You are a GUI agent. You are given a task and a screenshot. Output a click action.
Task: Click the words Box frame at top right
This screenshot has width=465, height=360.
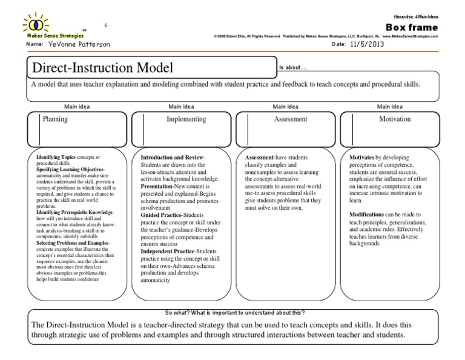[411, 28]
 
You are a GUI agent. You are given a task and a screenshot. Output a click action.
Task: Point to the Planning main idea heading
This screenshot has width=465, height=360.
[55, 119]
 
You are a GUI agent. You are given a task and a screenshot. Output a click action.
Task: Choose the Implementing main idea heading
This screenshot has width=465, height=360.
[186, 119]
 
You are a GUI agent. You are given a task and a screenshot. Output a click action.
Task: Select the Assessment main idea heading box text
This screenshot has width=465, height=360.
[291, 119]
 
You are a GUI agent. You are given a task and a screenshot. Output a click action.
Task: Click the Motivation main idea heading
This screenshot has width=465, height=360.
[395, 119]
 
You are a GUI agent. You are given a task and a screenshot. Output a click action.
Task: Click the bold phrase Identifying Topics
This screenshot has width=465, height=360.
[56, 157]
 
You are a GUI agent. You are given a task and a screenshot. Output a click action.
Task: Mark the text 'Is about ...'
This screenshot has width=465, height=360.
[294, 68]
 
